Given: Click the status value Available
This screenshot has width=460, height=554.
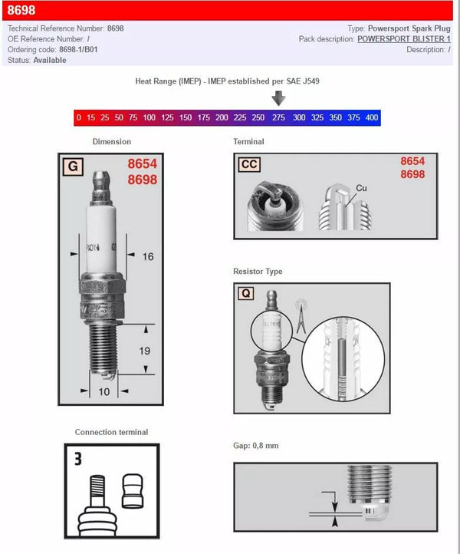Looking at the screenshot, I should coord(50,61).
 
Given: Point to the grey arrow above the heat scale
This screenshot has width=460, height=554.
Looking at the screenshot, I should coord(278,98).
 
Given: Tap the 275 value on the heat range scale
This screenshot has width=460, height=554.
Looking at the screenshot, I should coord(278,118).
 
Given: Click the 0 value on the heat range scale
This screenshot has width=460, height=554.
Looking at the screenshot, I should coord(79,118).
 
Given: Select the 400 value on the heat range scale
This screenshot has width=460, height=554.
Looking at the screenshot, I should coord(372,118).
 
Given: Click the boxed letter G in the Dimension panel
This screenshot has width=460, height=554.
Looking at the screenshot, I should coord(73,166).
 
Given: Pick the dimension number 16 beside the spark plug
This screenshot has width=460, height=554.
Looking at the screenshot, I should coord(148,256).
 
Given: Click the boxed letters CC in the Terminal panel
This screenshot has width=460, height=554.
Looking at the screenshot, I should coord(249,164).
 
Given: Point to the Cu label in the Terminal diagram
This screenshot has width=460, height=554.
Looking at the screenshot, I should coord(361,188).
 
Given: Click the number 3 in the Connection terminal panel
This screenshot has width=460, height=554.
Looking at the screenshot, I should coord(79,460).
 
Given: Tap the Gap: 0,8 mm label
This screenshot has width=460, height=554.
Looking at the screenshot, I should coord(256,446).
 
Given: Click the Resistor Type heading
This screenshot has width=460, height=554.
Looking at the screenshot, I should coord(258,272).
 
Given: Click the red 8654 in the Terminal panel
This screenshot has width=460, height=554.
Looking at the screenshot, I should coord(412,161).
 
